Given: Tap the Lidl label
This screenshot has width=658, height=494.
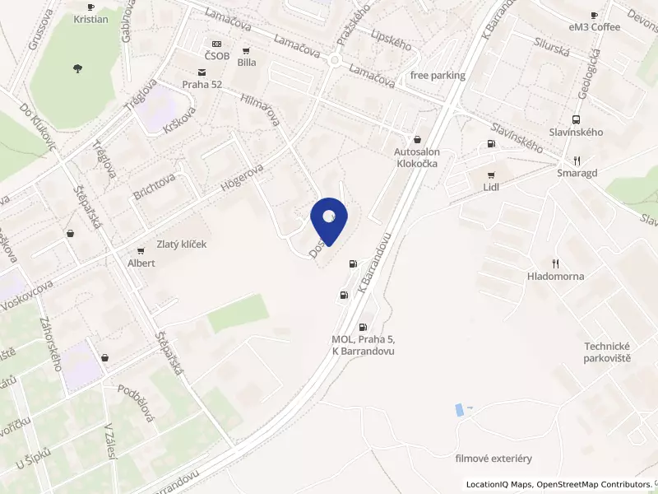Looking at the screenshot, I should point(492,187).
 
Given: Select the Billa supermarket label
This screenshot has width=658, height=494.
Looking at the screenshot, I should point(246,62).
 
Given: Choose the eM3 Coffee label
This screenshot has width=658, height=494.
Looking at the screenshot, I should point(595,27).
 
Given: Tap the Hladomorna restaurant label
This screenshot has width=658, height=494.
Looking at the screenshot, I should point(556,276).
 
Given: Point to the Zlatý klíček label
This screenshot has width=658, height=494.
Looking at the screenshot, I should point(182,245).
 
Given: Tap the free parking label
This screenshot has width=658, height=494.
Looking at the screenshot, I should point(438,76).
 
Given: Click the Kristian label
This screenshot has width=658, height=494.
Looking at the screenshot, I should point(90,19).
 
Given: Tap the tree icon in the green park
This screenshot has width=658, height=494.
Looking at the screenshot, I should point(78,68).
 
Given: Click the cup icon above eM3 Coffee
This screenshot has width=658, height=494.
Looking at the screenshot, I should point(595,15).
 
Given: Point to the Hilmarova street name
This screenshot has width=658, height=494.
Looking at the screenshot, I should point(261,110).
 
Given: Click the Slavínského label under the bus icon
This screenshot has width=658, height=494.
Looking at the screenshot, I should point(576,132).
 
